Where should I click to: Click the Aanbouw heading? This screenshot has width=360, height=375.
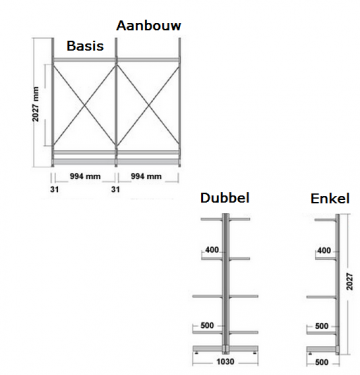(150, 23)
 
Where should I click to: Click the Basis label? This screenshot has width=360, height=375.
(87, 46)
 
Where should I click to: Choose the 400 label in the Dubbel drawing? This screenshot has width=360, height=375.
(211, 249)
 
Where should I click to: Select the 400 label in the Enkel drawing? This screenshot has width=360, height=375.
(322, 250)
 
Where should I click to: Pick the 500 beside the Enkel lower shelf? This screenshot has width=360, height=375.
(322, 326)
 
